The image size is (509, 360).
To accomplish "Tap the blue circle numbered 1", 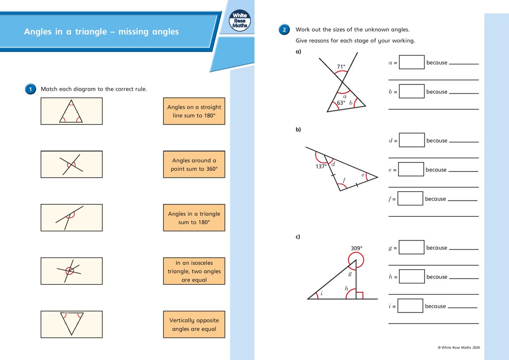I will point(31,89).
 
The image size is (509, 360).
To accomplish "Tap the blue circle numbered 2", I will point(284,30).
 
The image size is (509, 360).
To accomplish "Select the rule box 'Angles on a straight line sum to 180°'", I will point(194,111).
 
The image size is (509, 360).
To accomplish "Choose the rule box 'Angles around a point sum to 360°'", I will point(194,165).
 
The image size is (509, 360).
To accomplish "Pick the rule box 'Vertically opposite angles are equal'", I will point(194,324).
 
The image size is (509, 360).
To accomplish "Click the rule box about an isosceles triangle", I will point(194,271).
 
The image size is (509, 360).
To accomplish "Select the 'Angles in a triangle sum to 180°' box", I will point(194,218).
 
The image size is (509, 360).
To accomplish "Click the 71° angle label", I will point(341,67).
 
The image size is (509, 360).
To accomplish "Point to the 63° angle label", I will point(341,103).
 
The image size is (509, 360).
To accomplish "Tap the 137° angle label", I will point(321,167).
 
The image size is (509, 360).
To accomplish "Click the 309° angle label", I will point(356,248).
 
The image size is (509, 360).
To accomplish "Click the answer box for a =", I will point(411,62).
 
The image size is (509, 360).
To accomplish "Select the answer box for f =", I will point(410,198).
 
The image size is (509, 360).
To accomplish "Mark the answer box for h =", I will point(411,276).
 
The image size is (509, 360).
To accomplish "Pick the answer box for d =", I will point(411,140).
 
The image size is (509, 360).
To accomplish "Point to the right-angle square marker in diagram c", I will point(359,295).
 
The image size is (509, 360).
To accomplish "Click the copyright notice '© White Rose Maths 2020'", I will point(459,348).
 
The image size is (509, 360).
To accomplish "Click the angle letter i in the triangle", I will point(321,293).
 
